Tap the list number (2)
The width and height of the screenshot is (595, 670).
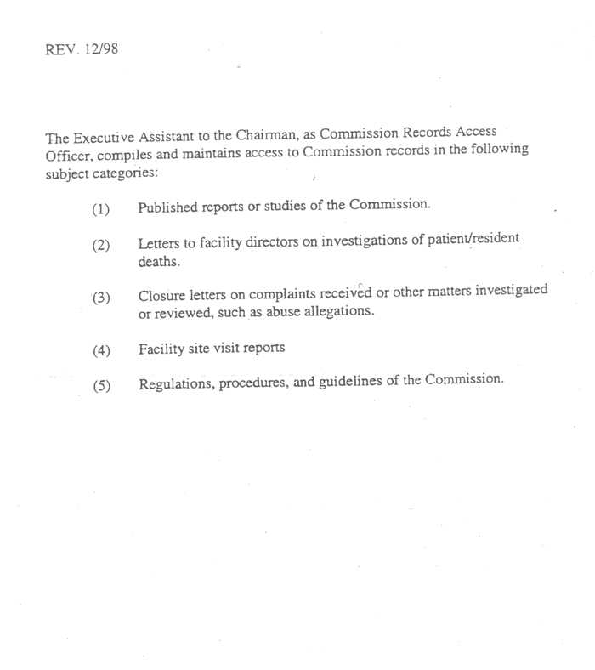(x=101, y=246)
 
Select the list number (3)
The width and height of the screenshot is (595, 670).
(x=101, y=297)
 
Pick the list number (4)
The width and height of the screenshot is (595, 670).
(x=101, y=349)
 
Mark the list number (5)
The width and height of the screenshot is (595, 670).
(x=101, y=385)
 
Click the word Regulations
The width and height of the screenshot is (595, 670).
(x=175, y=383)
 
